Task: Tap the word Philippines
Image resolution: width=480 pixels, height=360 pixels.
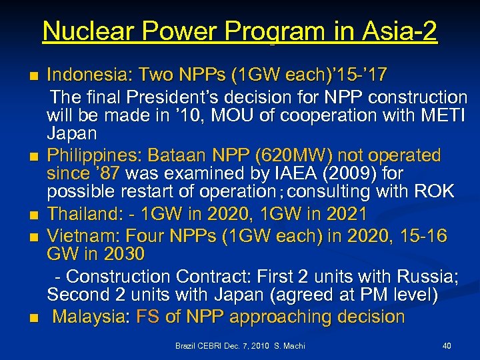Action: click(x=84, y=155)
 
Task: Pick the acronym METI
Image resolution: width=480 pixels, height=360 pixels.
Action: click(x=446, y=115)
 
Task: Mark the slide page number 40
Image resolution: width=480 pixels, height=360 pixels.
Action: click(x=447, y=346)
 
